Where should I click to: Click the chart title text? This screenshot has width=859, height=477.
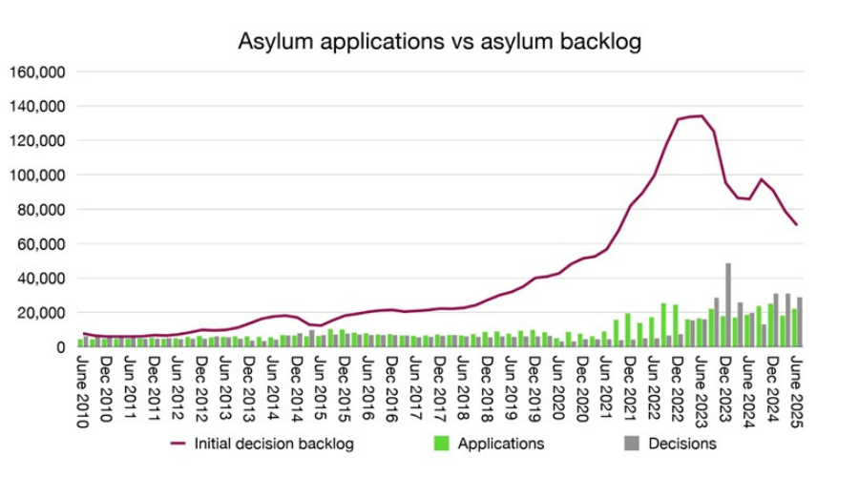439,42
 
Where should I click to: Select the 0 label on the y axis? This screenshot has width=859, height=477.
59,347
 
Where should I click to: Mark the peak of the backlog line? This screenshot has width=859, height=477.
702,116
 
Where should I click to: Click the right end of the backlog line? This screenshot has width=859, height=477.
796,225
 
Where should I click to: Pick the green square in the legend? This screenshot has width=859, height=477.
441,444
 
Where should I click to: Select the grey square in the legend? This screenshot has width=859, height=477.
631,444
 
